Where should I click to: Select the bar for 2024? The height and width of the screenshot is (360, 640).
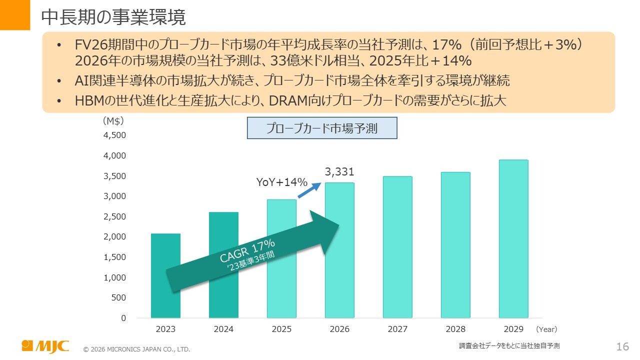tap(223, 265)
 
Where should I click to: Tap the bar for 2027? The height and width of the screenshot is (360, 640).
tap(397, 247)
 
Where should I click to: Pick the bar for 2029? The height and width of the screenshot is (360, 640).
tap(513, 239)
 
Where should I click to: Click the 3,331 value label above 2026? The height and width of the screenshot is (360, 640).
tap(339, 172)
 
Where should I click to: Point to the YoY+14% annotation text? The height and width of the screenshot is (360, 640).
tap(281, 182)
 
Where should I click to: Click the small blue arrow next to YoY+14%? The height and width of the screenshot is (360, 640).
tap(310, 190)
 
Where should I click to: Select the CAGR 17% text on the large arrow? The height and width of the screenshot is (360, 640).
tap(247, 250)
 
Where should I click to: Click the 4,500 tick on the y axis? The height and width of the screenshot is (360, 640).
tap(115, 135)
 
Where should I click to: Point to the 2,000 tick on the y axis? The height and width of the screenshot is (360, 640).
tap(115, 236)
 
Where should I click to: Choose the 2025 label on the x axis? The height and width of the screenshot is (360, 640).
tap(281, 329)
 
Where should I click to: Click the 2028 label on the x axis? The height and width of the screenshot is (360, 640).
tap(455, 329)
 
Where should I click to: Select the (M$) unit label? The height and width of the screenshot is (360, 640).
tap(113, 121)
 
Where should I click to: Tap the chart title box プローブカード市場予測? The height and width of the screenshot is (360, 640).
tap(322, 128)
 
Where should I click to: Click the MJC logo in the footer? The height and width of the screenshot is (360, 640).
tap(45, 346)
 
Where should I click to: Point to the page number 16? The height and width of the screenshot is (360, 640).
tap(622, 346)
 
